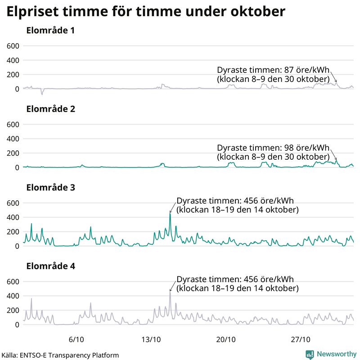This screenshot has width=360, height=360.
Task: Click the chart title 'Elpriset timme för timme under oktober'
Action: click(145, 12)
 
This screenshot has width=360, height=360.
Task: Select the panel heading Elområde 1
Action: click(50, 31)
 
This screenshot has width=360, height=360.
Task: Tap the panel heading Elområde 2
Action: click(50, 109)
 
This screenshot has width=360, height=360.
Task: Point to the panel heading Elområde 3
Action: click(50, 188)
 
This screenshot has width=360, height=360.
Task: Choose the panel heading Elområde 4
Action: click(50, 266)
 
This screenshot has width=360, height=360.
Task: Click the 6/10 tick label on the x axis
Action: click(76, 339)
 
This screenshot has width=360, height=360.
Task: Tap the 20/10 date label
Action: click(226, 339)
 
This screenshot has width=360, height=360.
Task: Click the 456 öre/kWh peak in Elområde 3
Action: click(170, 213)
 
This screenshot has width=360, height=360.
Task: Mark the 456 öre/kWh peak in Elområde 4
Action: click(170, 292)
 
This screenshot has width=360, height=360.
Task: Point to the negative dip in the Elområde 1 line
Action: click(42, 94)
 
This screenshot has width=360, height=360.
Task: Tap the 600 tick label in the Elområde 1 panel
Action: click(12, 46)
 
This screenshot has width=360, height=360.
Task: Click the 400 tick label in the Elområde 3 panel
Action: click(12, 217)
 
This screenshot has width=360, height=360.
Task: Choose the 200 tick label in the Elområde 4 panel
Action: click(12, 310)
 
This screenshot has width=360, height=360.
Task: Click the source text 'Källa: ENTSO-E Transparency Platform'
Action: click(60, 355)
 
